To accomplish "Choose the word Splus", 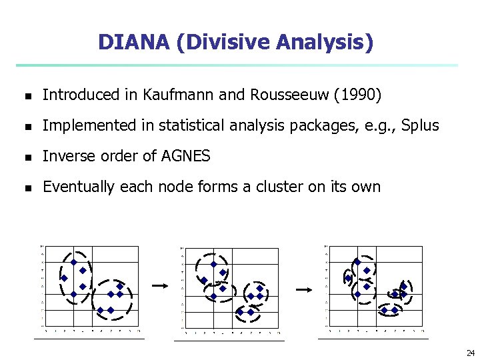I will [x=420, y=125].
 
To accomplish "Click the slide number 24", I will [x=471, y=353].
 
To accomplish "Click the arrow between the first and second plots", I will [x=159, y=285].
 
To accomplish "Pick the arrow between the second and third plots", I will [x=304, y=290].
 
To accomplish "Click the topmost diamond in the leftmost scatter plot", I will [x=74, y=262].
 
